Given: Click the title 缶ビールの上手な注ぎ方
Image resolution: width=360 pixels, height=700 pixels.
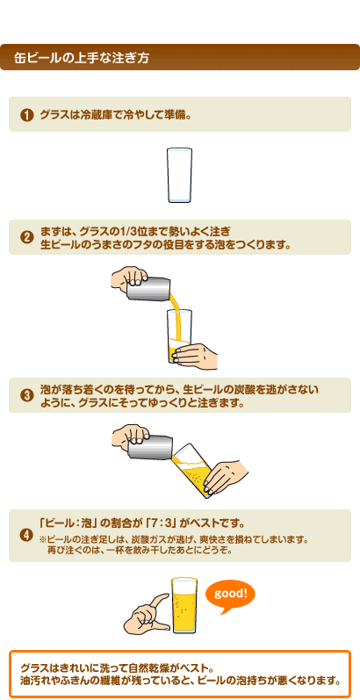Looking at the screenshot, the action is click(82, 59).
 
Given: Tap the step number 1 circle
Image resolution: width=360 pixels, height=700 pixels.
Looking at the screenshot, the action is click(26, 115).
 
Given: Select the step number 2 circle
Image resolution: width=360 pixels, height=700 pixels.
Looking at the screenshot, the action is click(26, 238).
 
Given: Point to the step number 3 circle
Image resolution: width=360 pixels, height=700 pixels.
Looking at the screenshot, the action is click(26, 395).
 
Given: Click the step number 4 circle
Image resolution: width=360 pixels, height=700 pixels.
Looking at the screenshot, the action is click(26, 535).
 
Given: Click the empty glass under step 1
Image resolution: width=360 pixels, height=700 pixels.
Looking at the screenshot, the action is click(180, 175).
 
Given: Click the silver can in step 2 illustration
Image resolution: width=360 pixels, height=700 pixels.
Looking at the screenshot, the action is click(149, 289).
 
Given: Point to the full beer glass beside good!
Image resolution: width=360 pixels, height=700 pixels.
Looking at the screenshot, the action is click(184, 605).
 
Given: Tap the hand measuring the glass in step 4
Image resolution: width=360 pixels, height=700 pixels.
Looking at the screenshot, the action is click(148, 612).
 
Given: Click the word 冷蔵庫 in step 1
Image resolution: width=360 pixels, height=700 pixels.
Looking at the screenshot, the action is click(93, 115).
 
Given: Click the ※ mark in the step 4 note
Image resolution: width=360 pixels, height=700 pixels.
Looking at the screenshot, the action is click(44, 539).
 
